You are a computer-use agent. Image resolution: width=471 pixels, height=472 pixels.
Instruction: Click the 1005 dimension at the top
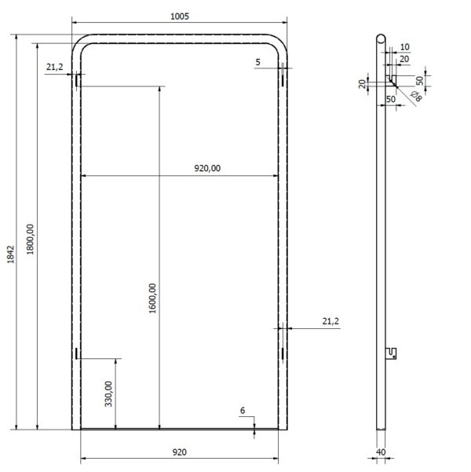point(179,16)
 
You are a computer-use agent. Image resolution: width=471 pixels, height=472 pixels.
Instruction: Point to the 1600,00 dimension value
point(153,299)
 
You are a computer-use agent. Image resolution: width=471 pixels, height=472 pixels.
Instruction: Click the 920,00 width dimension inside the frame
point(207,167)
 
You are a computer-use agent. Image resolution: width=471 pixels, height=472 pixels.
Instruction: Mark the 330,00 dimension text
point(109,393)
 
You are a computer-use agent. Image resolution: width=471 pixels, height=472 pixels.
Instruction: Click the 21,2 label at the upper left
point(54,68)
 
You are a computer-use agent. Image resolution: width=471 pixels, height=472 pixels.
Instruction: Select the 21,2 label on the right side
point(330,320)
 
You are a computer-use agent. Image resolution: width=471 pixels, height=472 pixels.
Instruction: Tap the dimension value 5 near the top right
point(258,61)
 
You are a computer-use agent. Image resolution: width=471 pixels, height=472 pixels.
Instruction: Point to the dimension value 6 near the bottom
point(243,411)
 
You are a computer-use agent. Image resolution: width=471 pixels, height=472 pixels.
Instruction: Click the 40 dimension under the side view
point(381,452)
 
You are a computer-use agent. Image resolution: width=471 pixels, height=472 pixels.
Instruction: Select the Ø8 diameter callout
point(416,97)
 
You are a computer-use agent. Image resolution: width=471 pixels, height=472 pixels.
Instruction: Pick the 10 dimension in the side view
point(404,47)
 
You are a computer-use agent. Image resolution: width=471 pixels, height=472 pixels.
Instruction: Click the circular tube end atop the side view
point(381,38)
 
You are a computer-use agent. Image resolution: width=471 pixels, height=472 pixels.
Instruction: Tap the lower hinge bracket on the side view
point(392,353)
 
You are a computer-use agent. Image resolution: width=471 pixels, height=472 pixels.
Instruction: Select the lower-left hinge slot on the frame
point(77,353)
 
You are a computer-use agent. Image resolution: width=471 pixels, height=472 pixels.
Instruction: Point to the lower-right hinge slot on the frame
point(281,353)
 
